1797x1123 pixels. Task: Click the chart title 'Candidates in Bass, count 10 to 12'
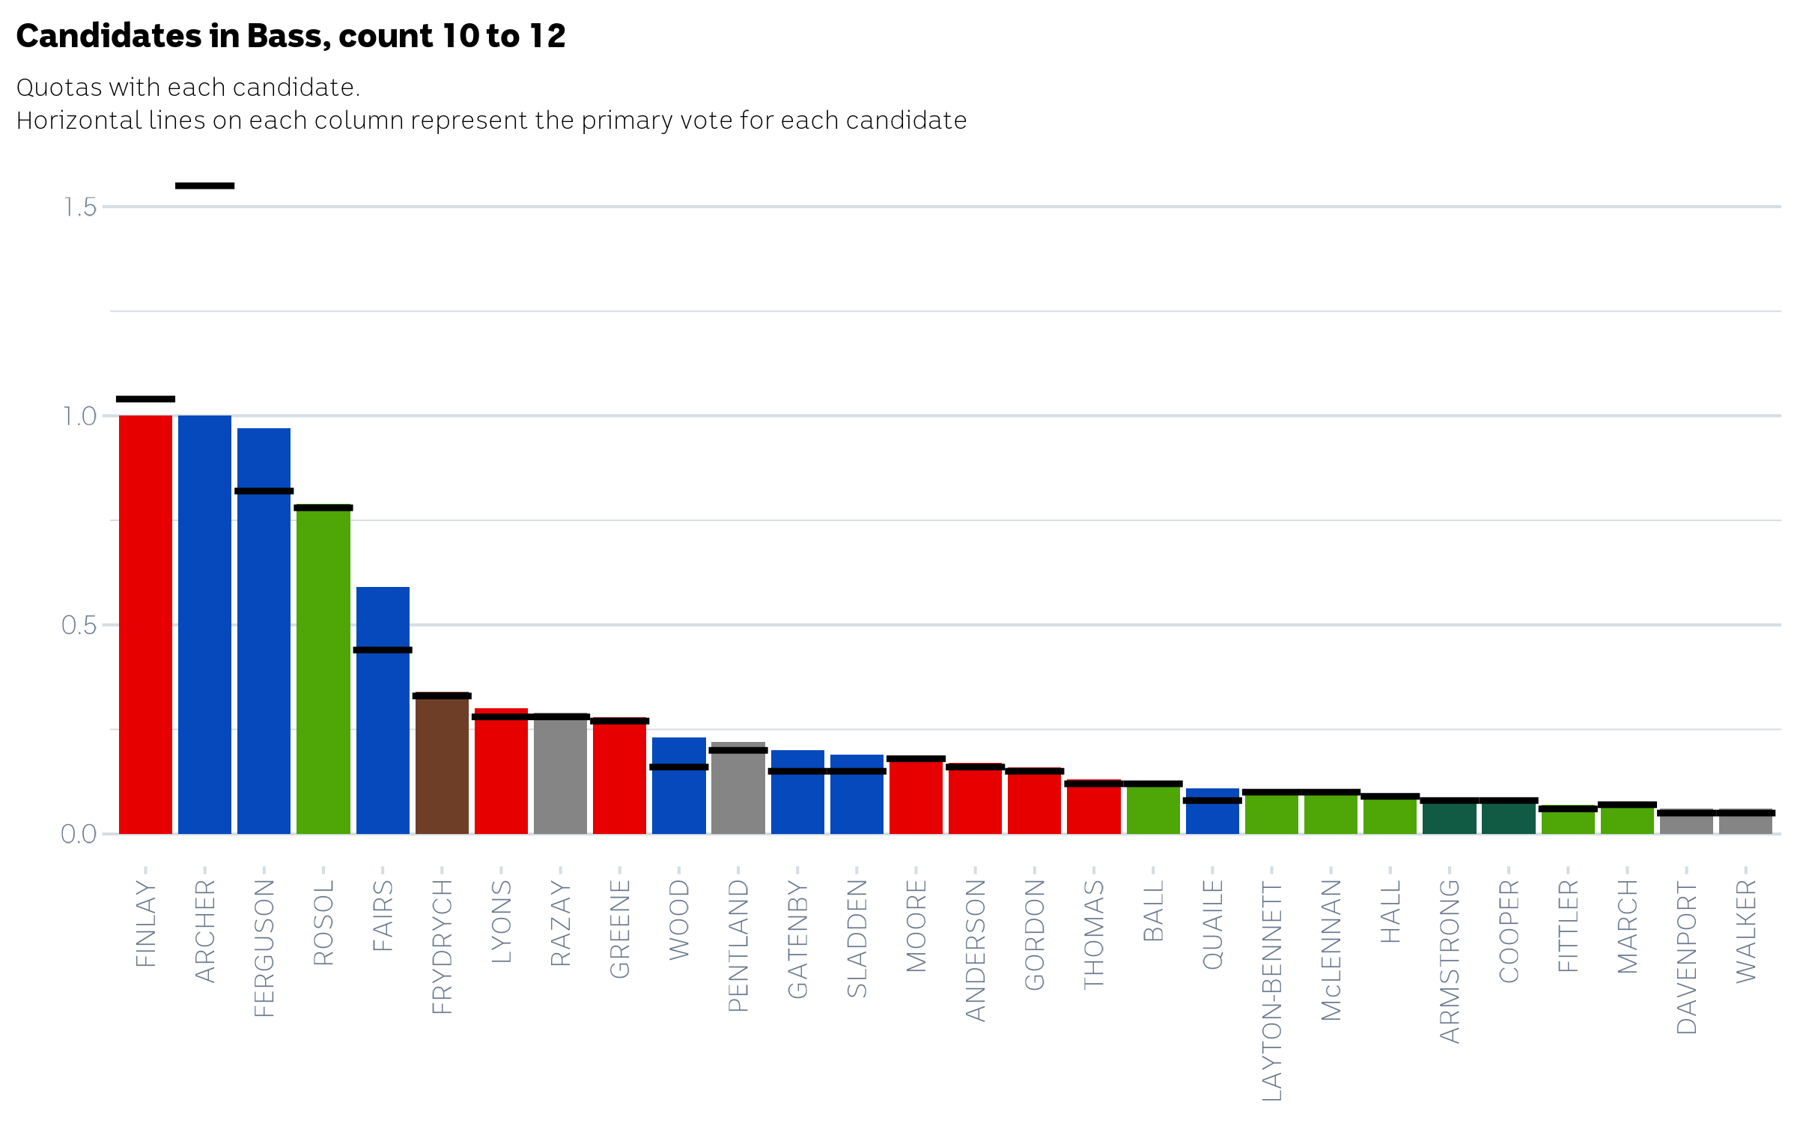pyautogui.click(x=291, y=36)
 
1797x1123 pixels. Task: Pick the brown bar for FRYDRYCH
pyautogui.click(x=442, y=764)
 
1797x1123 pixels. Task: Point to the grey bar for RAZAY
pyautogui.click(x=560, y=775)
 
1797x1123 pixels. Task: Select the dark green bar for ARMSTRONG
pyautogui.click(x=1450, y=817)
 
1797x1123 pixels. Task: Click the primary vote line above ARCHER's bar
pyautogui.click(x=204, y=186)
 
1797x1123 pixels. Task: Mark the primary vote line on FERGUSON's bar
pyautogui.click(x=264, y=491)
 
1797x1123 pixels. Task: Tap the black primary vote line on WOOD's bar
pyautogui.click(x=679, y=767)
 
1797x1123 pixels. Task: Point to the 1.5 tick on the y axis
pyautogui.click(x=79, y=207)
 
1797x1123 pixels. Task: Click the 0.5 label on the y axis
pyautogui.click(x=79, y=625)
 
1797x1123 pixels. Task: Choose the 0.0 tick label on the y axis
pyautogui.click(x=79, y=834)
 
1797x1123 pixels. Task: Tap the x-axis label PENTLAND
pyautogui.click(x=738, y=945)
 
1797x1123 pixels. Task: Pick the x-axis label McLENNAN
pyautogui.click(x=1331, y=949)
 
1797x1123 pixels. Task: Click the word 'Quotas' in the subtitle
pyautogui.click(x=58, y=88)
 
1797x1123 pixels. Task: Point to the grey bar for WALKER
pyautogui.click(x=1745, y=823)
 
